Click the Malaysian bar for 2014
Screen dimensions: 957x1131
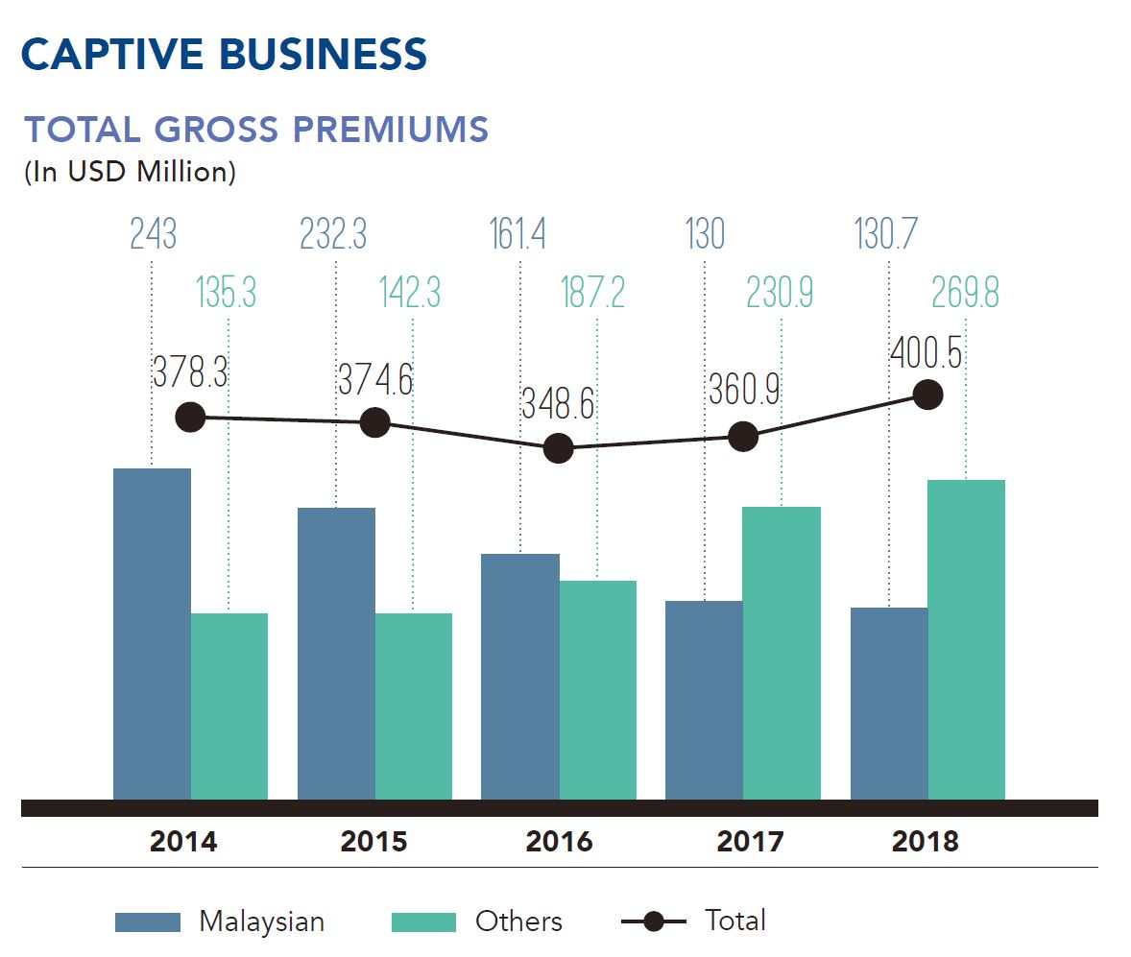click(152, 634)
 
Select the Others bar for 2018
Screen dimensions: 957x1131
click(966, 639)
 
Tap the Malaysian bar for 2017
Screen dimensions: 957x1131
click(704, 700)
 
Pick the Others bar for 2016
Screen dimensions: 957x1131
click(597, 689)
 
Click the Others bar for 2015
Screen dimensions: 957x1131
click(413, 706)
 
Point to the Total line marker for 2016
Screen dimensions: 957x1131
click(558, 448)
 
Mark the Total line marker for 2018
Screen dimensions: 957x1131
click(927, 395)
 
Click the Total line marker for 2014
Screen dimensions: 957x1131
click(191, 418)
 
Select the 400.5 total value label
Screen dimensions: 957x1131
click(926, 353)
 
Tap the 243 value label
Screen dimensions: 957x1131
click(153, 234)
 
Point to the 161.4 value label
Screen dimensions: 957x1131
click(518, 234)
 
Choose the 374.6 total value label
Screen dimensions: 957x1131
click(374, 380)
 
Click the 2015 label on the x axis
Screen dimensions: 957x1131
click(373, 842)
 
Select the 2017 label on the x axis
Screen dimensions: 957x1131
click(750, 842)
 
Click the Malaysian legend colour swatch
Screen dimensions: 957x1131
click(148, 921)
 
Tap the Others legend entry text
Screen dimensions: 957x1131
click(518, 921)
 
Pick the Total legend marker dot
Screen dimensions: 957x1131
click(654, 921)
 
